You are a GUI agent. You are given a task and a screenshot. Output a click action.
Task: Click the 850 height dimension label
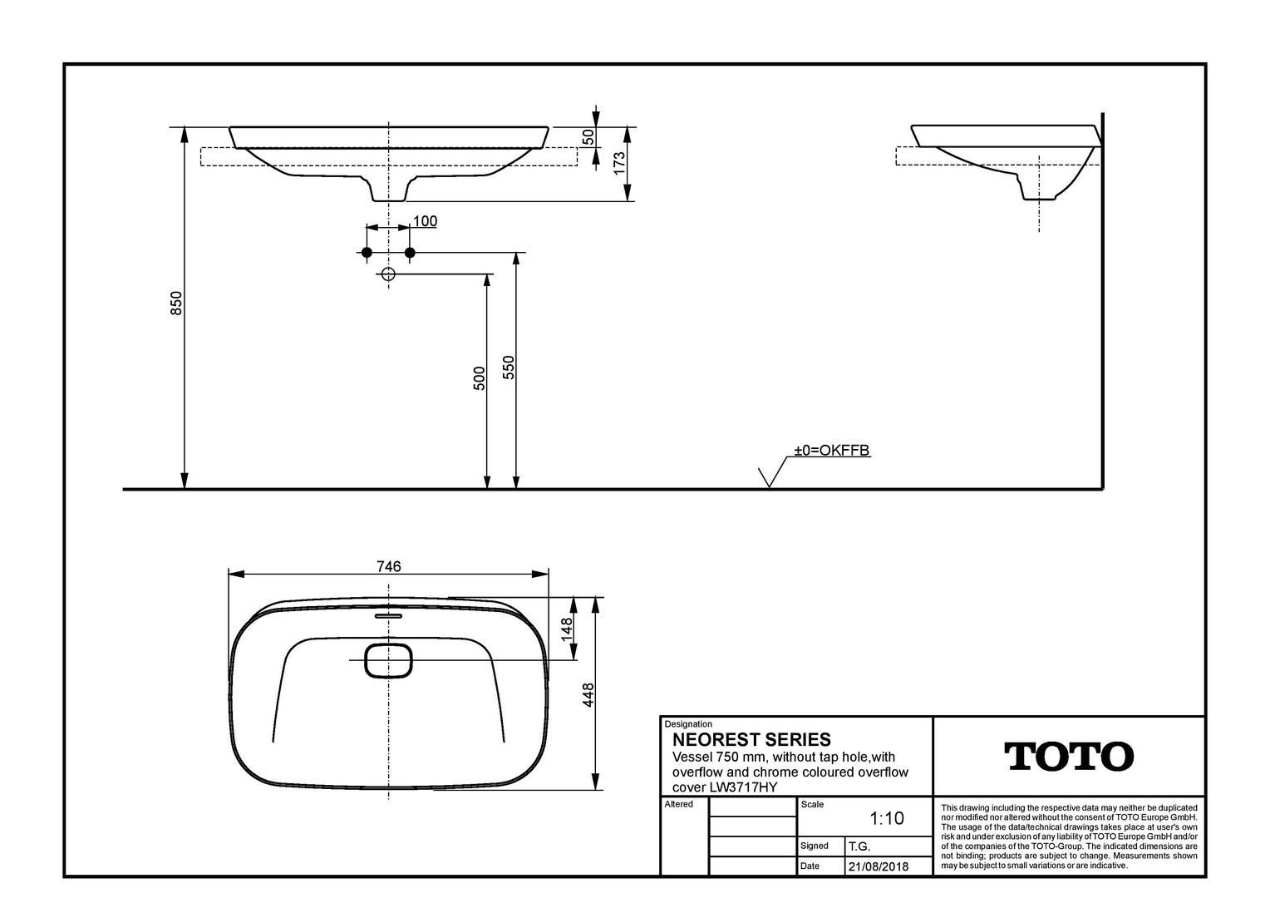176,303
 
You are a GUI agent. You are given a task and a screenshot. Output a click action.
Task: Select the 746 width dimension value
389,566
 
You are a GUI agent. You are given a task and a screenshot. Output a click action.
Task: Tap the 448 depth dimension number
588,695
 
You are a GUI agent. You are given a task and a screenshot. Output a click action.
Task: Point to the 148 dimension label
566,629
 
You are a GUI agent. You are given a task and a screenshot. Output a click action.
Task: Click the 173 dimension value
619,163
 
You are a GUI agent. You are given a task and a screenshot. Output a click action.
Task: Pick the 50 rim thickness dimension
588,137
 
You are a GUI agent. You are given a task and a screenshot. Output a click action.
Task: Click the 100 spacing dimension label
426,220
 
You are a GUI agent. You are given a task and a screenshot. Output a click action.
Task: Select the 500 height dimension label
479,378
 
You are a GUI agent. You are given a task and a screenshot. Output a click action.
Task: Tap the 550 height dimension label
509,368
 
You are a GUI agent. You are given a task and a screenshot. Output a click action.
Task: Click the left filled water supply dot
367,253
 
